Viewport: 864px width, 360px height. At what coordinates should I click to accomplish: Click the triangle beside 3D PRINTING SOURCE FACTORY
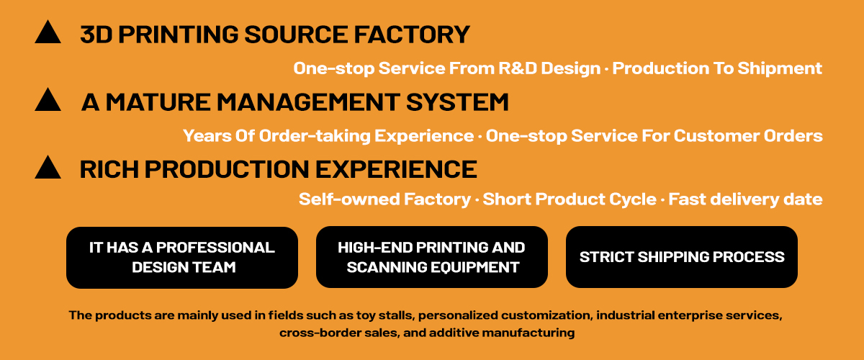(48, 32)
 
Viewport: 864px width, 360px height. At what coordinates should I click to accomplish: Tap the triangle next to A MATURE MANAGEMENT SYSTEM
(48, 99)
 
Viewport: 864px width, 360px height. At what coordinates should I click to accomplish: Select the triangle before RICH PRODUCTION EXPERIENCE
(48, 167)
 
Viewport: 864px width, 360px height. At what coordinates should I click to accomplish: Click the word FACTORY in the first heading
(412, 35)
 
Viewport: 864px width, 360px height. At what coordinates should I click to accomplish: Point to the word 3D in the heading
(96, 35)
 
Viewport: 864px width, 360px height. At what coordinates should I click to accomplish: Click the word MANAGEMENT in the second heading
(308, 102)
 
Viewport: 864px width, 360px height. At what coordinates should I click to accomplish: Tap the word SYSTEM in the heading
(457, 102)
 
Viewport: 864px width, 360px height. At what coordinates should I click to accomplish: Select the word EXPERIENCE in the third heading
(396, 169)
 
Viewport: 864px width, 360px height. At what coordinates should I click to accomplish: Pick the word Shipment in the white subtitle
(780, 68)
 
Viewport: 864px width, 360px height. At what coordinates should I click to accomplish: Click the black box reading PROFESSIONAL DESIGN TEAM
(182, 257)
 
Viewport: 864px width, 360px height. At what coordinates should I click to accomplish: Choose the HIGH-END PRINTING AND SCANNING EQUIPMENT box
(431, 257)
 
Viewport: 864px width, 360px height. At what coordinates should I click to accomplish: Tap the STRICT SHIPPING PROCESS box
(682, 257)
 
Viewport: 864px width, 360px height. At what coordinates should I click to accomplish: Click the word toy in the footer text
(366, 315)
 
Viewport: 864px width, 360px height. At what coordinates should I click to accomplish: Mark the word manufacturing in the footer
(528, 333)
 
